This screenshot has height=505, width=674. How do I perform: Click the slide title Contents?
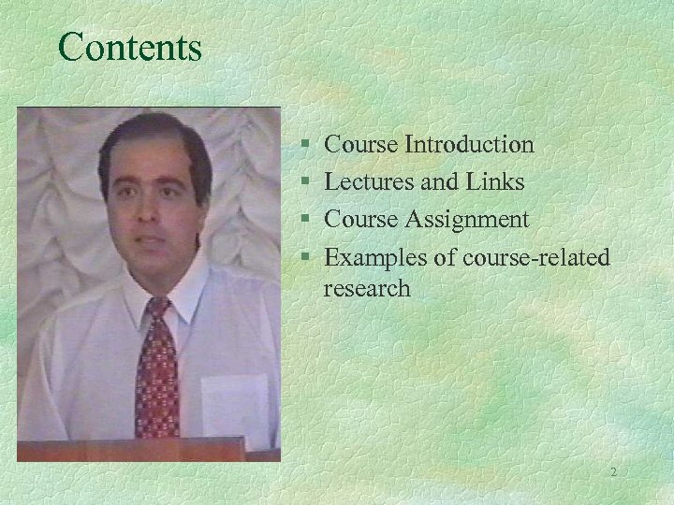coord(129,47)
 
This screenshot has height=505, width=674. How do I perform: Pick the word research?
coord(367,288)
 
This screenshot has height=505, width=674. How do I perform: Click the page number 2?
coord(613,472)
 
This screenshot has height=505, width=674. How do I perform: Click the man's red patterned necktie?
coord(156,374)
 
